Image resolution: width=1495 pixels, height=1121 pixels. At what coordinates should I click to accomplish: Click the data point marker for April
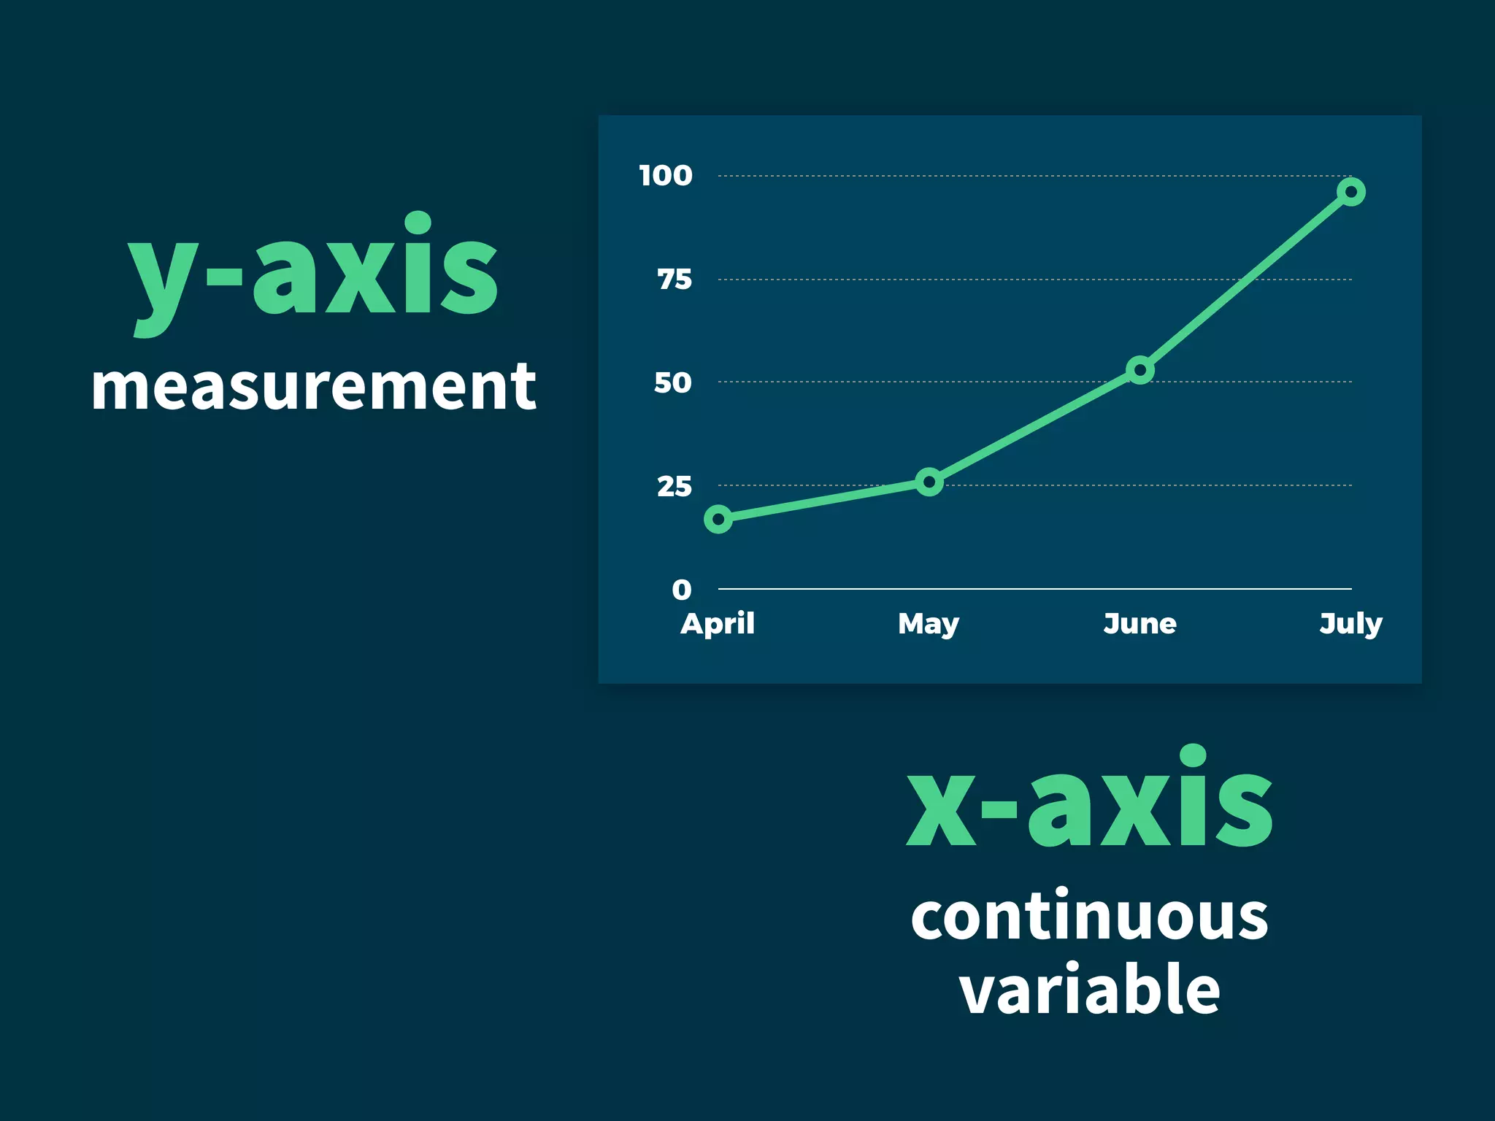(x=718, y=519)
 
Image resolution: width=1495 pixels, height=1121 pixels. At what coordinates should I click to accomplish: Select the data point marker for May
(x=929, y=482)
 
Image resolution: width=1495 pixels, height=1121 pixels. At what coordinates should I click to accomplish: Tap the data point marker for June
(x=1139, y=370)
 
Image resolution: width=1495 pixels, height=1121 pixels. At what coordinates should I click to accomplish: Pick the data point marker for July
(x=1350, y=192)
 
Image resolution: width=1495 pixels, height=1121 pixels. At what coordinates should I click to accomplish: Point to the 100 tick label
(x=665, y=175)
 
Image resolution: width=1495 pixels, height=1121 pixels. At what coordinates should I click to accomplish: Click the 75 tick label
(x=674, y=279)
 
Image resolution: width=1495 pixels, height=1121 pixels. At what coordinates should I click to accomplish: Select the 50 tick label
(x=672, y=382)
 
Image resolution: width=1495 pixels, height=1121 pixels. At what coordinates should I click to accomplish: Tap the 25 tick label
(x=674, y=486)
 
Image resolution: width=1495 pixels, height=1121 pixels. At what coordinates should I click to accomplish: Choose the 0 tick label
(x=681, y=589)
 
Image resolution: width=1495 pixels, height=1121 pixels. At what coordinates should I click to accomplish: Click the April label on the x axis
(x=718, y=623)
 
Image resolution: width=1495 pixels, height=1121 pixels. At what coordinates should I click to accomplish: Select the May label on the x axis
(x=929, y=625)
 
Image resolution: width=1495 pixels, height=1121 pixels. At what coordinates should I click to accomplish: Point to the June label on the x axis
(x=1139, y=623)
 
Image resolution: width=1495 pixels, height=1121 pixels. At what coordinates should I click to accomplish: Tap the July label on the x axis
(x=1350, y=625)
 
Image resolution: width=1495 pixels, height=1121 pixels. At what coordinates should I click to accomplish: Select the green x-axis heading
(x=1089, y=803)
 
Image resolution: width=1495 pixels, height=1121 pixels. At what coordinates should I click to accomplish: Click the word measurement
(x=314, y=387)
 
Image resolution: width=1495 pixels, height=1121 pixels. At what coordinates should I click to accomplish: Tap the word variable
(x=1089, y=990)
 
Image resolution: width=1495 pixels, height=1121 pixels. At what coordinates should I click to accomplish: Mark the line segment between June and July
(x=1245, y=281)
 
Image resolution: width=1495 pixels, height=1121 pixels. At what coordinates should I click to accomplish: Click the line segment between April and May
(x=823, y=501)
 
